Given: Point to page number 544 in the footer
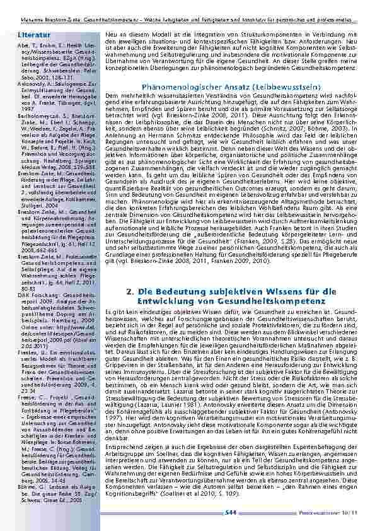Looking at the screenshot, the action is click(x=231, y=515).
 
